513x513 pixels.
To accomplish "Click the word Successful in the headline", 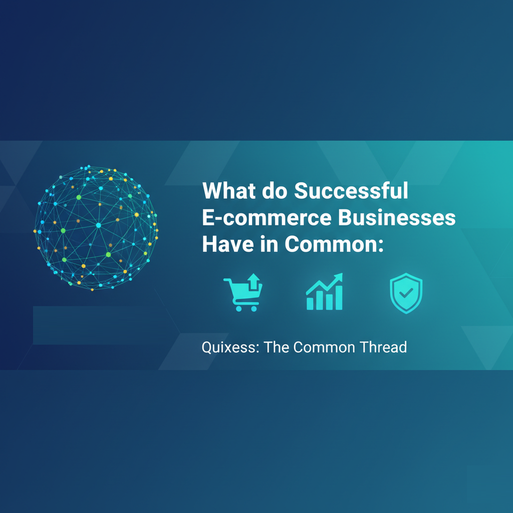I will click(x=351, y=192).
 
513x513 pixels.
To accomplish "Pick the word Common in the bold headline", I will click(x=333, y=245).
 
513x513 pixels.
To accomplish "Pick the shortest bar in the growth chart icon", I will click(x=310, y=303).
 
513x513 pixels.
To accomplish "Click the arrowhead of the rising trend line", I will click(x=339, y=277).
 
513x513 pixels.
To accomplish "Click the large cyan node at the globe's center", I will click(x=98, y=225).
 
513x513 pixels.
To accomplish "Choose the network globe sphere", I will click(x=96, y=228).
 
